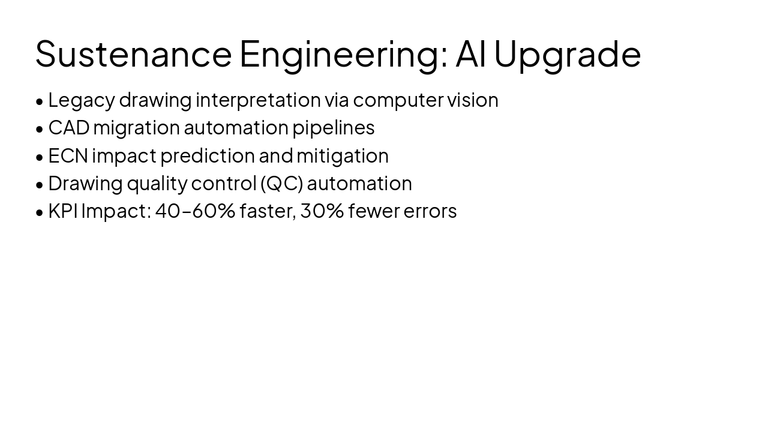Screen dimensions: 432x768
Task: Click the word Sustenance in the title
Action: (133, 53)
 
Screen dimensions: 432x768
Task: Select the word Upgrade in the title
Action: (567, 53)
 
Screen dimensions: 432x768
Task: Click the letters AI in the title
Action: (471, 53)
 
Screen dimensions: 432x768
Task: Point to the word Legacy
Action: (81, 100)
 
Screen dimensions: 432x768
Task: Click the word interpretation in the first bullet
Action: (258, 100)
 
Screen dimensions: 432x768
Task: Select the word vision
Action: (472, 100)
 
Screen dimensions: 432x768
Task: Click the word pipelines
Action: (333, 128)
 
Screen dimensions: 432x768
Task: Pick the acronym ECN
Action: (68, 156)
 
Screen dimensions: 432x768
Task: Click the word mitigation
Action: (342, 156)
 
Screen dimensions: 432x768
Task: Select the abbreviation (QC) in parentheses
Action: (281, 184)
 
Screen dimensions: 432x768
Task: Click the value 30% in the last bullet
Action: (322, 211)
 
